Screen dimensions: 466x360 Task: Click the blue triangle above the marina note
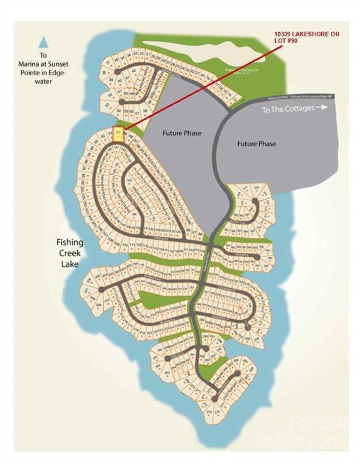(x=43, y=42)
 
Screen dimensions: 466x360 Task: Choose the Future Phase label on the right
(x=256, y=144)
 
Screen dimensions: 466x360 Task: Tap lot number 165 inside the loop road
(x=129, y=180)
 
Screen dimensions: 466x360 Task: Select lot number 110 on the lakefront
(x=125, y=245)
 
